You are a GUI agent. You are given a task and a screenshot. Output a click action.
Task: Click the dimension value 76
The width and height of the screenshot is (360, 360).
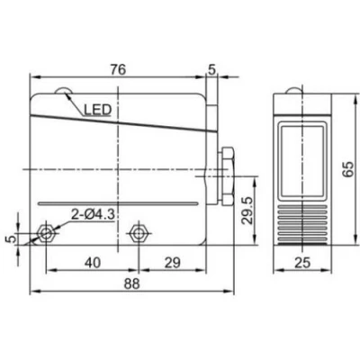(118, 69)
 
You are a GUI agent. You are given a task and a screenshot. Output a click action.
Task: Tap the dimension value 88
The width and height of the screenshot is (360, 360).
(132, 283)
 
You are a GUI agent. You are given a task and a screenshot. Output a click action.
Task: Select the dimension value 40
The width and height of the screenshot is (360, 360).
(93, 263)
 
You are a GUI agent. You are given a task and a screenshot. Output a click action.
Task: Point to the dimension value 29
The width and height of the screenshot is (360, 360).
(173, 263)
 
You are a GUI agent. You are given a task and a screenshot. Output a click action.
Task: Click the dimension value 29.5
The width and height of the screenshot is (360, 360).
(247, 211)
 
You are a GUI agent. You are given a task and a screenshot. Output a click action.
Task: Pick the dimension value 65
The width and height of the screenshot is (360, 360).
(348, 169)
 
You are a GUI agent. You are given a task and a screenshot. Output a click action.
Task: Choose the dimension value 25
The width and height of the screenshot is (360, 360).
(302, 263)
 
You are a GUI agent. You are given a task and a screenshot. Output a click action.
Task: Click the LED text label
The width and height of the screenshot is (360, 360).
(97, 110)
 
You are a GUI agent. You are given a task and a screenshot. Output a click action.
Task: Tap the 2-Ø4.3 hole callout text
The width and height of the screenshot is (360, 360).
(93, 215)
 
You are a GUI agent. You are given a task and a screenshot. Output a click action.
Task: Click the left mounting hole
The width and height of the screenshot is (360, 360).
(46, 233)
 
